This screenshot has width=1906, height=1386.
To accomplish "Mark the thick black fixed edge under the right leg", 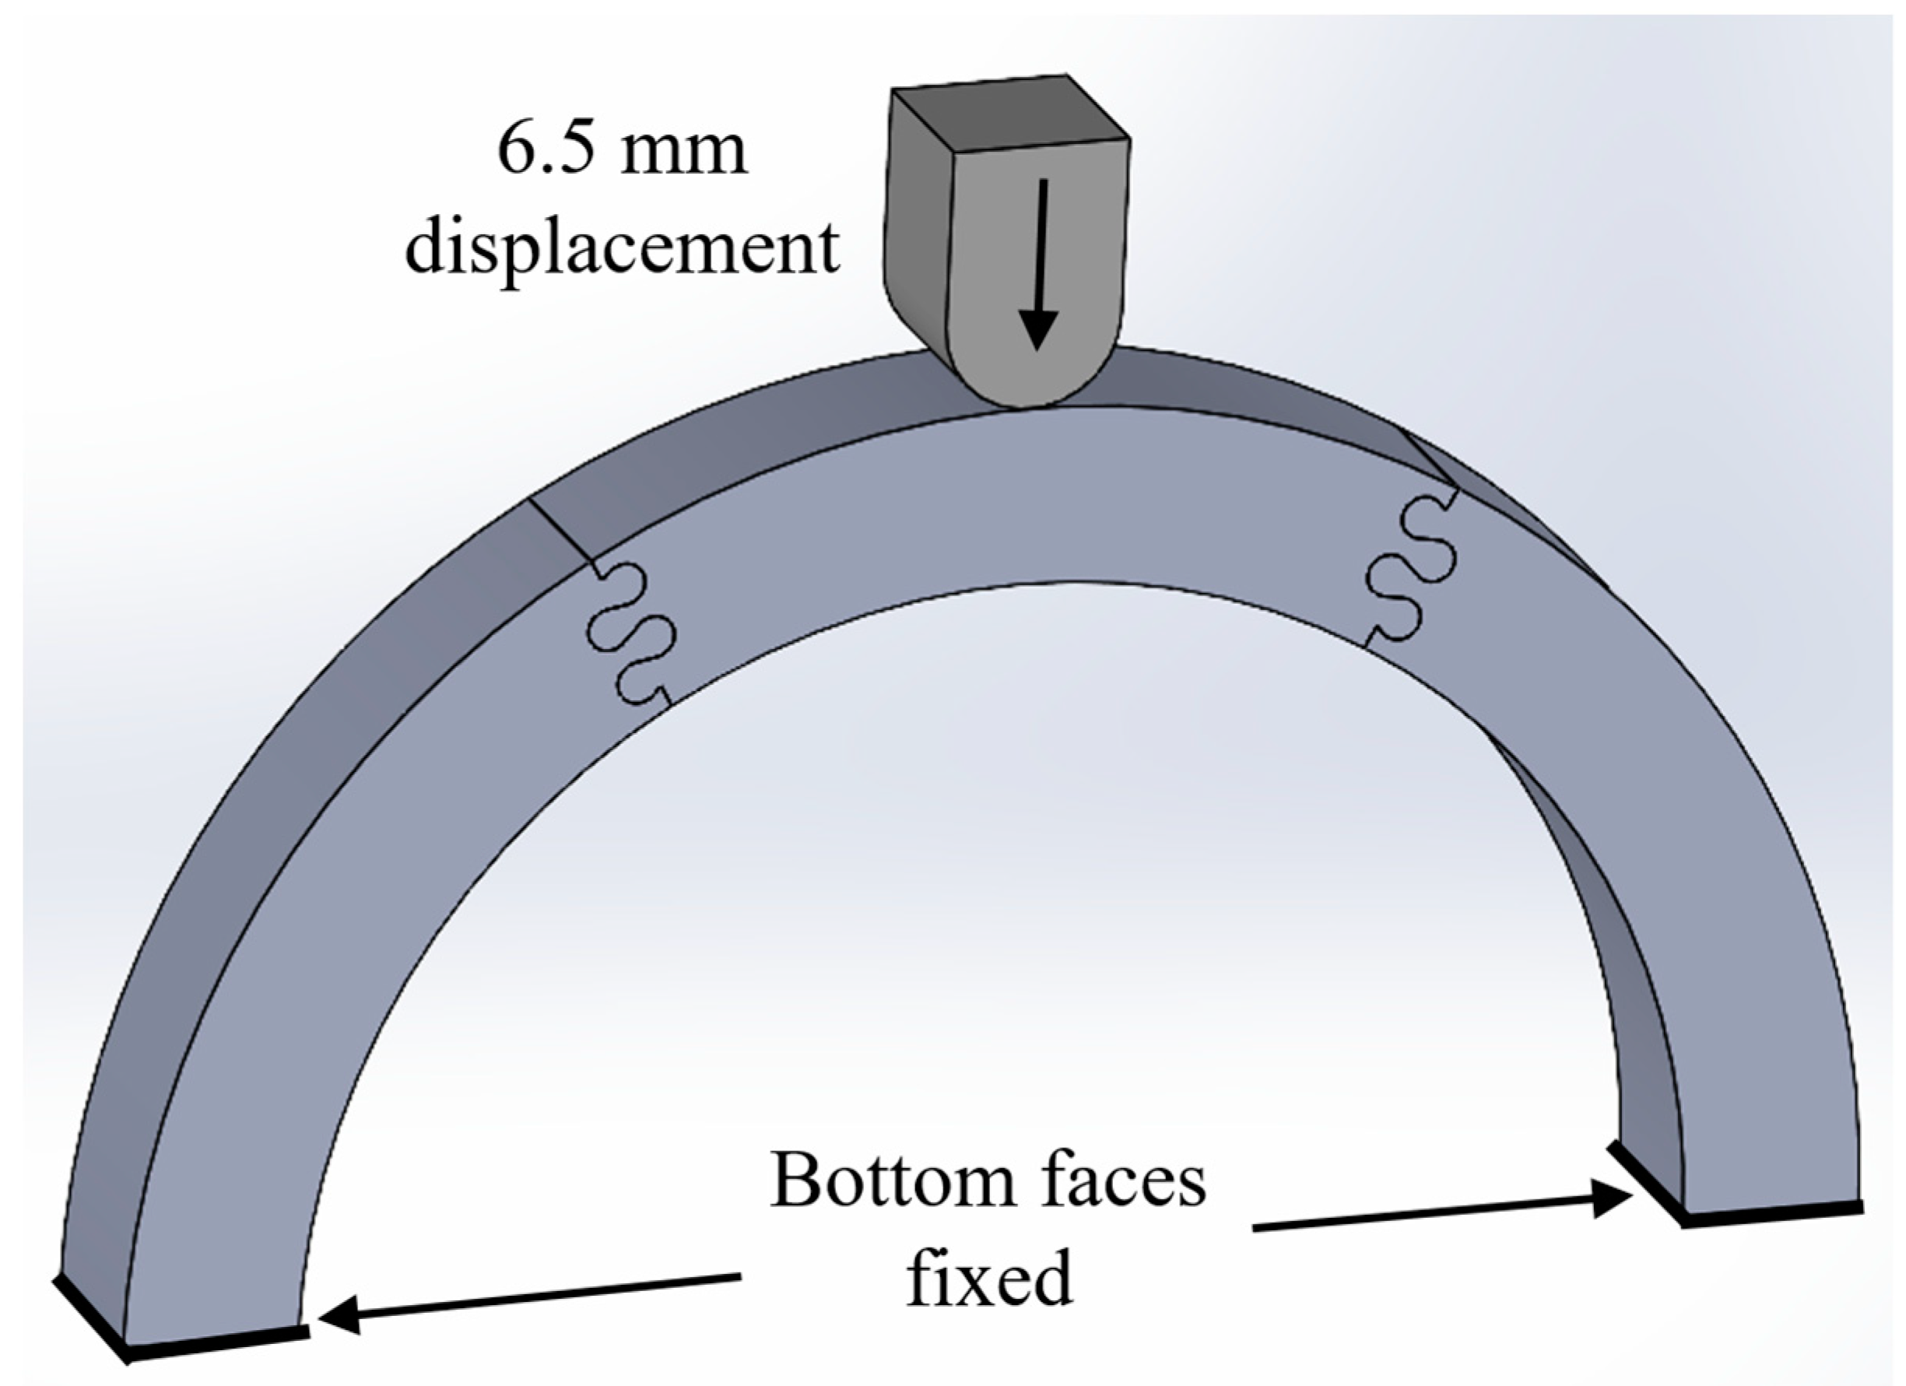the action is point(1773,1216).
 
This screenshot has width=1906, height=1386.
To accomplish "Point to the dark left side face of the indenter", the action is point(918,219).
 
